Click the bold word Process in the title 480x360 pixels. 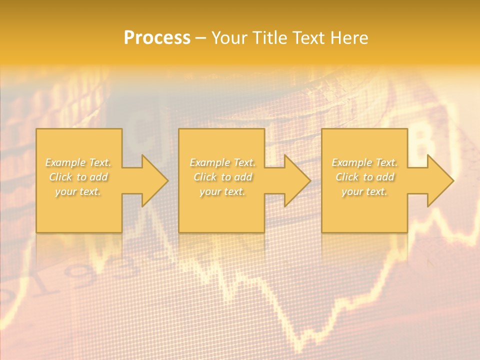click(157, 38)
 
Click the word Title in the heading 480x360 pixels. click(270, 38)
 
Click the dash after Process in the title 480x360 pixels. click(200, 38)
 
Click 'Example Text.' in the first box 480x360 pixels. click(78, 162)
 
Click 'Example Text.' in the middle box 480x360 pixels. click(222, 162)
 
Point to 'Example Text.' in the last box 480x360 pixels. click(364, 162)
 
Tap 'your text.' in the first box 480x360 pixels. click(78, 191)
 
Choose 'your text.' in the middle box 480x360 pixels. click(222, 191)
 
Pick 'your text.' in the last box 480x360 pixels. click(364, 191)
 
